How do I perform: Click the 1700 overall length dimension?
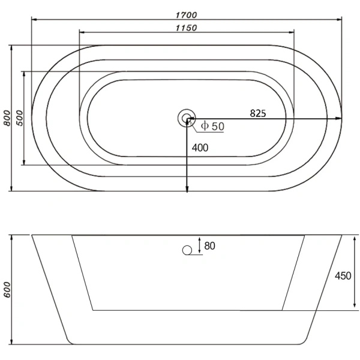coord(186,15)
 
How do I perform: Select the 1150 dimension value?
coord(186,28)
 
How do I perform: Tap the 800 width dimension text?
coord(7,118)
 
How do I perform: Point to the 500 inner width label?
coord(20,118)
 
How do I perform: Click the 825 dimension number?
coord(258,113)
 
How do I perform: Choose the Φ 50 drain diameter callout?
coord(212,126)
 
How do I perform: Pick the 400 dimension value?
coord(200,148)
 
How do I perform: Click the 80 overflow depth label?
coord(209,246)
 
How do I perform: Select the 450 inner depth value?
coord(343,276)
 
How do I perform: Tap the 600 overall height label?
coord(7,290)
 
